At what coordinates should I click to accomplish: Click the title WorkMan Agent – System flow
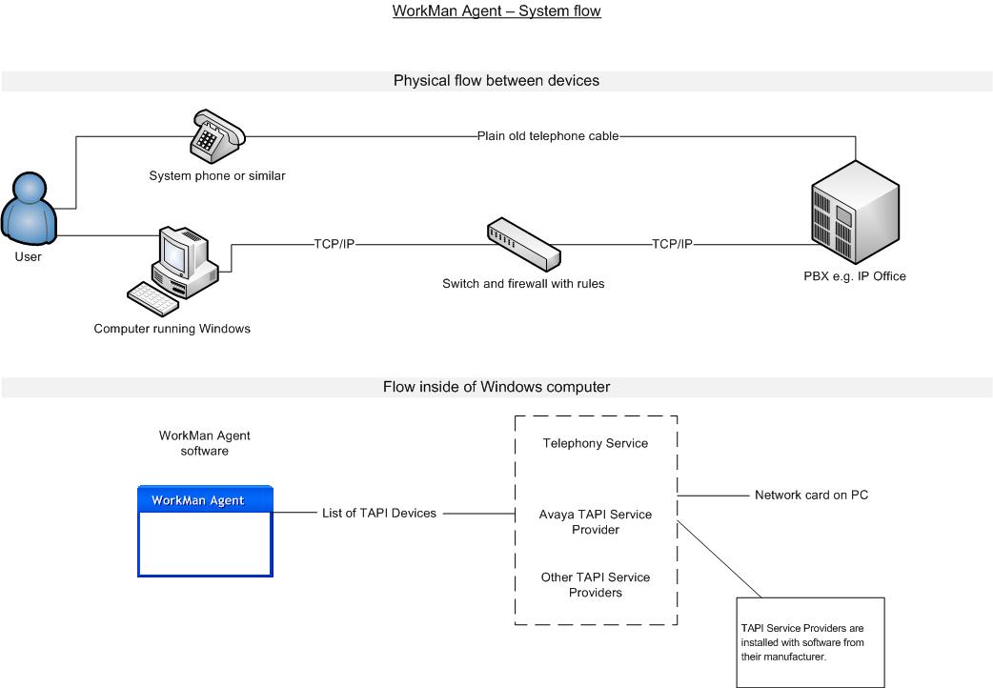pos(496,11)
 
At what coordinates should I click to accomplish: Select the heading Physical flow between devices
pos(496,81)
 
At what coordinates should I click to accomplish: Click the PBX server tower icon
pos(854,212)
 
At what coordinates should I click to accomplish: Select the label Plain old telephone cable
pos(548,135)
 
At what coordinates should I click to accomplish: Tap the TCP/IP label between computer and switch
pos(335,244)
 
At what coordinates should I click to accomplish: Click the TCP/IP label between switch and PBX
pos(673,244)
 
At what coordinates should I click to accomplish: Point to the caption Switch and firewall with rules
pos(523,284)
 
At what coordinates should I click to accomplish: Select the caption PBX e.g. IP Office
pos(854,276)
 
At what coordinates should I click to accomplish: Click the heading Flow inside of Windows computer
pos(496,387)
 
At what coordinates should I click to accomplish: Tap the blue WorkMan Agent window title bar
pos(205,500)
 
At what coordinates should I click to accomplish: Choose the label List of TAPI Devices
pos(379,514)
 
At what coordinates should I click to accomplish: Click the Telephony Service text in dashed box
pos(596,443)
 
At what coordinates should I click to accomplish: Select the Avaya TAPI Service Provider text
pos(596,522)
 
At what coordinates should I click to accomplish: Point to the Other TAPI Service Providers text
pos(596,585)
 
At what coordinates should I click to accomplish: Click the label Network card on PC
pos(811,496)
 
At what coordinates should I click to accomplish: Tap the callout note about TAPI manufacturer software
pos(810,642)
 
